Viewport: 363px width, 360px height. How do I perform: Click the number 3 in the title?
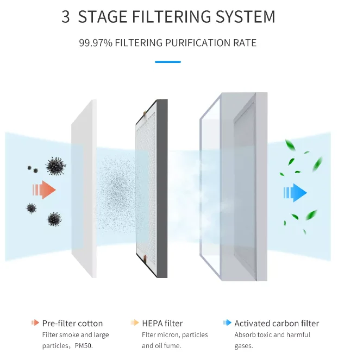[66, 16]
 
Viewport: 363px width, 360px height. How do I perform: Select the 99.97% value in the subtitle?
[96, 43]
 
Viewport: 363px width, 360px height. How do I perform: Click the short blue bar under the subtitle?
[167, 62]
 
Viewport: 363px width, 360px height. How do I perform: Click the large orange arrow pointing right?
[45, 190]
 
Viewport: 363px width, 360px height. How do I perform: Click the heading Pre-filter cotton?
[72, 323]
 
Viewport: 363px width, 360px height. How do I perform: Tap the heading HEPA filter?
[162, 323]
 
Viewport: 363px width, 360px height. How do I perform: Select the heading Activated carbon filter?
[277, 323]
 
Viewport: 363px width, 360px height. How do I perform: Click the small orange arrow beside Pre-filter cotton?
[35, 323]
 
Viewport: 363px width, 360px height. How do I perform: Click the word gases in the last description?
[243, 346]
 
